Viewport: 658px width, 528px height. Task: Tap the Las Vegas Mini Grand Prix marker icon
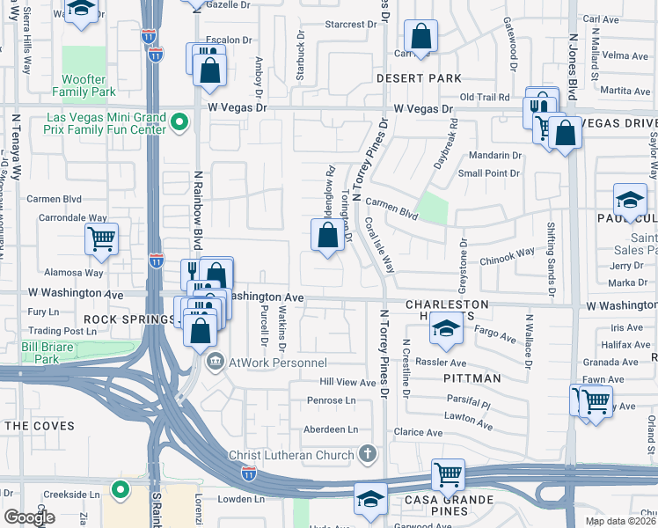tap(179, 121)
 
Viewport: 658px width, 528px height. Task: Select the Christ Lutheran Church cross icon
tap(368, 454)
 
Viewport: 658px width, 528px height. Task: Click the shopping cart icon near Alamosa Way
tap(102, 237)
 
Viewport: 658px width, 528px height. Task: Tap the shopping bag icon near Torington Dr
tap(327, 235)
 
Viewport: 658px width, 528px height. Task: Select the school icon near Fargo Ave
tap(446, 330)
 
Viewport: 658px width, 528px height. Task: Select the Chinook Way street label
tap(507, 253)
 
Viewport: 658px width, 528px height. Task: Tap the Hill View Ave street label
tap(347, 382)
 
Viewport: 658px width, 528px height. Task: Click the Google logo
tap(29, 517)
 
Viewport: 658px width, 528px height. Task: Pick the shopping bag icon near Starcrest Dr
tap(421, 37)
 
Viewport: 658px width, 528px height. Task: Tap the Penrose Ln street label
tap(331, 400)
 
